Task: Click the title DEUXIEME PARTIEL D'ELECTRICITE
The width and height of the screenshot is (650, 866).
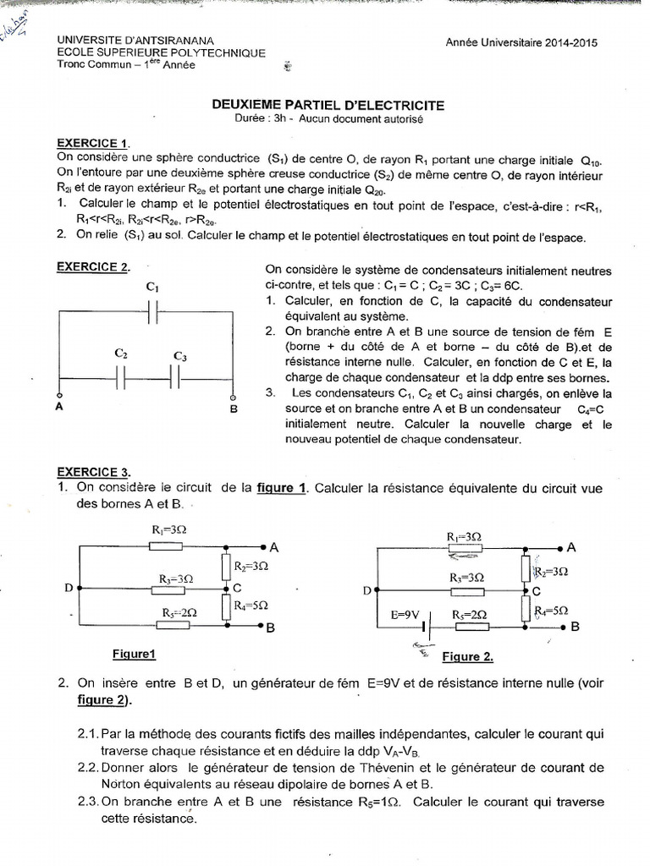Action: [x=326, y=105]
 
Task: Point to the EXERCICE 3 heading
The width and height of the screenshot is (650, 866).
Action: [x=94, y=472]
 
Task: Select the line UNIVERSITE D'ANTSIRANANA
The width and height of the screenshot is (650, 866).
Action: [x=135, y=41]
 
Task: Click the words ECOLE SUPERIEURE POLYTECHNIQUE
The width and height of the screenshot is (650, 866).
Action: [x=161, y=52]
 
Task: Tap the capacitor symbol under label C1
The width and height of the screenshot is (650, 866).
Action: [x=153, y=312]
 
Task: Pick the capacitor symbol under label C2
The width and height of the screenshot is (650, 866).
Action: [x=121, y=378]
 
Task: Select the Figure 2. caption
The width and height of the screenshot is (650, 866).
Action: [x=467, y=656]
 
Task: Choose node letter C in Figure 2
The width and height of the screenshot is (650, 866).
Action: [x=535, y=591]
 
